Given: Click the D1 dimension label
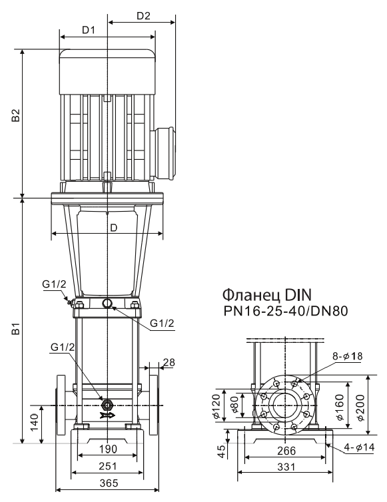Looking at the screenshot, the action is click(89, 30).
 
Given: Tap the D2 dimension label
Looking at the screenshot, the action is click(143, 16).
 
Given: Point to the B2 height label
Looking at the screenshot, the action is click(16, 116).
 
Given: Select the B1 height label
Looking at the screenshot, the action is click(16, 329).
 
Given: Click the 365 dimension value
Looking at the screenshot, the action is click(109, 483).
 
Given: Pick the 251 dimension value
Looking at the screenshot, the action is click(108, 466).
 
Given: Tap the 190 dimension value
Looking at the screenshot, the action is click(108, 449).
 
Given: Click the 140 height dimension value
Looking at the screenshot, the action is click(35, 423).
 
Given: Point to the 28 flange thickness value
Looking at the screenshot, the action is click(169, 362).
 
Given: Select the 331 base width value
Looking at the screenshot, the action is click(286, 467).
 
